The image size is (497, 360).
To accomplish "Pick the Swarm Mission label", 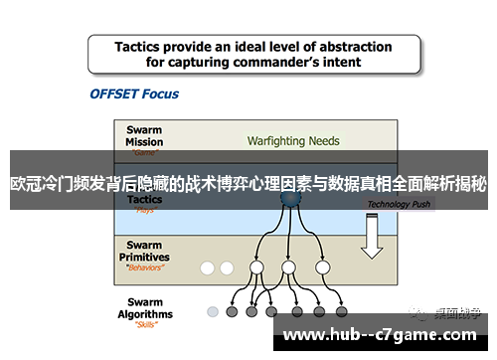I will (145, 135).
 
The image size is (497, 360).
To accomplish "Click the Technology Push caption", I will (400, 205).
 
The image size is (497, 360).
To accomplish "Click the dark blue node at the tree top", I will (288, 199).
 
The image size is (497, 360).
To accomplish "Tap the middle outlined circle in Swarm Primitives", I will (288, 268).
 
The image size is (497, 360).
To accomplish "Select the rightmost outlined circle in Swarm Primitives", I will (321, 268).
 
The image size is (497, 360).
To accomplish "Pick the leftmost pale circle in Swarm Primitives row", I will (208, 268).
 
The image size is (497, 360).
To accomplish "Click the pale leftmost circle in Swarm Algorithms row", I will (213, 310).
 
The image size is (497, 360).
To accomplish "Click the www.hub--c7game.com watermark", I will (383, 335).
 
